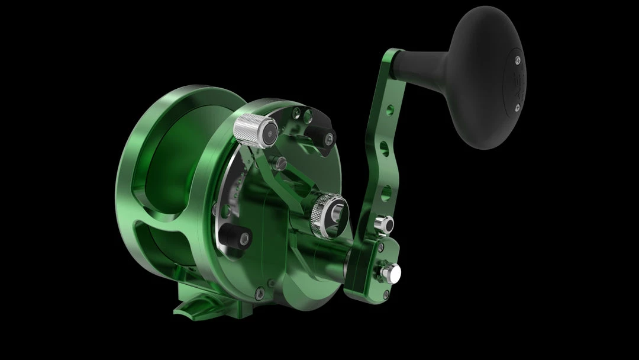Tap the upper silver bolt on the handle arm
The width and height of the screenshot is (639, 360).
click(x=383, y=224)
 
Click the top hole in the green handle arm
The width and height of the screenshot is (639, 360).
click(x=389, y=110)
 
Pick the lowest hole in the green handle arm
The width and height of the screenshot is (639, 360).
click(x=385, y=192)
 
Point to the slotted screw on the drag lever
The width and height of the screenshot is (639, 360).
click(x=282, y=160)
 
